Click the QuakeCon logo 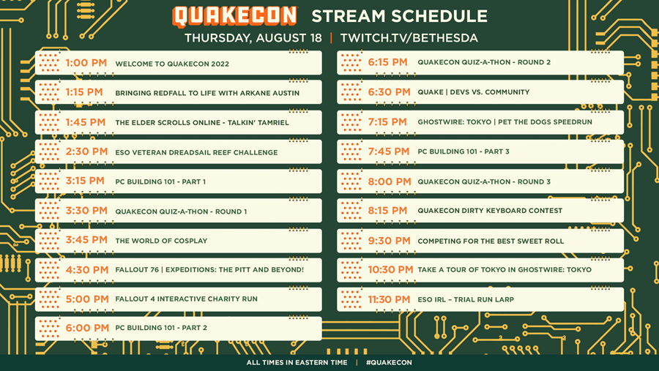(x=234, y=16)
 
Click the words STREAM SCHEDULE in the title (x=399, y=16)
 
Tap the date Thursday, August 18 (x=253, y=38)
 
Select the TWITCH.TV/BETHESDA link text (x=409, y=38)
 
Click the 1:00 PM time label (x=86, y=63)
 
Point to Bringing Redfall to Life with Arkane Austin (x=207, y=93)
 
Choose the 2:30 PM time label (x=86, y=151)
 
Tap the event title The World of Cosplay (x=161, y=241)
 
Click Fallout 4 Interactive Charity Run (x=186, y=299)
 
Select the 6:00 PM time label (x=87, y=328)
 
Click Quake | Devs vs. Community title (x=473, y=92)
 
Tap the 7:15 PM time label (x=387, y=122)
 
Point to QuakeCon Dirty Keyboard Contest (x=490, y=211)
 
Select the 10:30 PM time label (x=390, y=270)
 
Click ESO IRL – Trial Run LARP (x=466, y=299)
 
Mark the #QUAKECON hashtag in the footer (x=389, y=363)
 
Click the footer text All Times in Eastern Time (x=297, y=363)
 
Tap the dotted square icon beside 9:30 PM (x=351, y=241)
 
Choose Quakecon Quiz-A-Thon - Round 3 (x=484, y=181)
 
